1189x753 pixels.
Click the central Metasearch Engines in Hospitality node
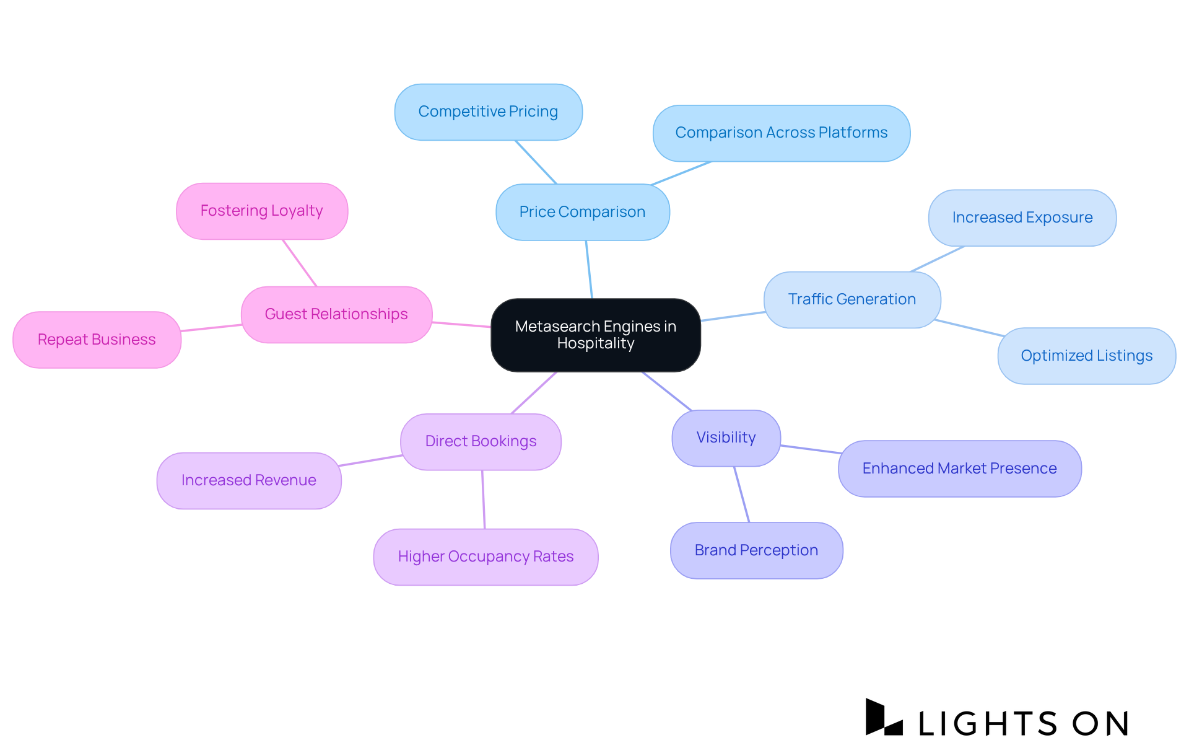[x=595, y=335]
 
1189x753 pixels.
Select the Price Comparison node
[x=582, y=212]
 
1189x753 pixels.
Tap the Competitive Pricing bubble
[x=488, y=112]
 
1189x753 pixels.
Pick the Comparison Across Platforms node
[x=781, y=133]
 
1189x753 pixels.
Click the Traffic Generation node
[x=851, y=299]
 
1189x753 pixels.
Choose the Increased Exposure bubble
[x=1022, y=218]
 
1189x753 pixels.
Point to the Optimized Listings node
[x=1086, y=356]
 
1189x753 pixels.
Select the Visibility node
[x=726, y=438]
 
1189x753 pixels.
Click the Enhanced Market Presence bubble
[x=959, y=469]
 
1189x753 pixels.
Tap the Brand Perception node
[x=756, y=550]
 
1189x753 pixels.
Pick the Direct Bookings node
[x=481, y=441]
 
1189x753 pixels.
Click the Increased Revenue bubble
[x=248, y=480]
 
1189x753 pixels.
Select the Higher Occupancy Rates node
[x=486, y=557]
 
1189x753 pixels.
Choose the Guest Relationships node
[x=336, y=314]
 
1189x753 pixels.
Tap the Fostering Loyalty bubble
[x=261, y=211]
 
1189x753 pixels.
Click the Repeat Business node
[x=97, y=340]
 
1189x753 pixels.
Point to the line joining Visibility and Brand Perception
[x=742, y=495]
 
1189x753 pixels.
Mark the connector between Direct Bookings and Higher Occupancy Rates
[x=483, y=500]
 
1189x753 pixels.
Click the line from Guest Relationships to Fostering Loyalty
[x=300, y=263]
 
